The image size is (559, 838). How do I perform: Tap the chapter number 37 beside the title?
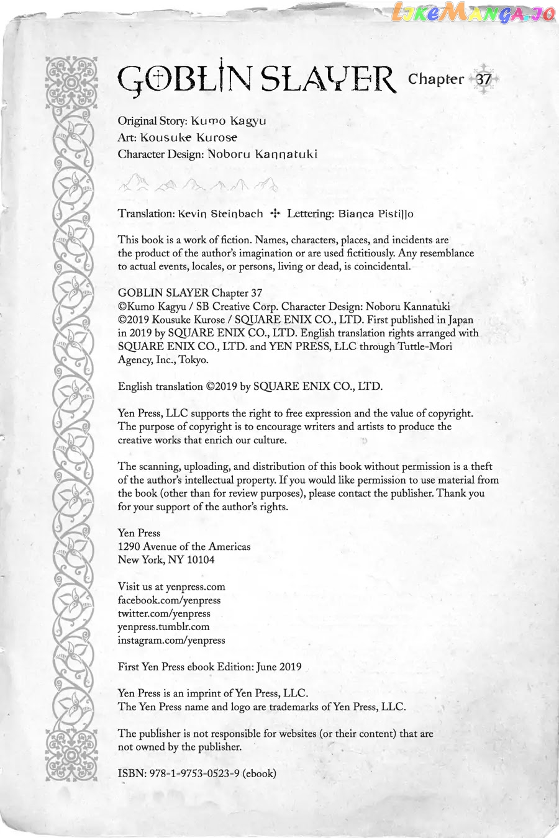click(484, 80)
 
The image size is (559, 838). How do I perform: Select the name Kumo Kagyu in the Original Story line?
click(229, 121)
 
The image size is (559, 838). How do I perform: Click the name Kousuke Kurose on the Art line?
click(188, 138)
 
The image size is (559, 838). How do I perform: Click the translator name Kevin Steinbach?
click(220, 214)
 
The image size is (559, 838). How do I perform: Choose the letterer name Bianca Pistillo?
click(376, 214)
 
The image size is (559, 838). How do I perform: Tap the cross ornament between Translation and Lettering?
click(275, 214)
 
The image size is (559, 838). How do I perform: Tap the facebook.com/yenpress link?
click(169, 600)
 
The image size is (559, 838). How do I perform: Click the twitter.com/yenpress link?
click(164, 614)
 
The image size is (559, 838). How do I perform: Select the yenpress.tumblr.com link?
click(163, 627)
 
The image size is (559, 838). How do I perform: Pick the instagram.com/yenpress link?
click(171, 641)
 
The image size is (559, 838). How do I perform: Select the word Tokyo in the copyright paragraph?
click(194, 360)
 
